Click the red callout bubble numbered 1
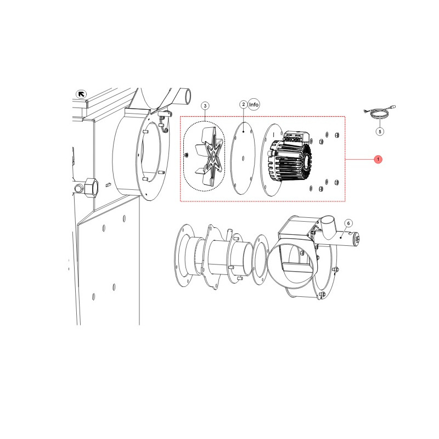[x=378, y=159]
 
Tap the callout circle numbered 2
[x=244, y=104]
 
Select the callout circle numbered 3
[x=205, y=106]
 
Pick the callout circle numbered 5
[x=380, y=131]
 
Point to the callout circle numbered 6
[x=348, y=223]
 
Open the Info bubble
[x=254, y=104]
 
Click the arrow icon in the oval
[x=81, y=94]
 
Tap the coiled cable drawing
[x=380, y=112]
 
